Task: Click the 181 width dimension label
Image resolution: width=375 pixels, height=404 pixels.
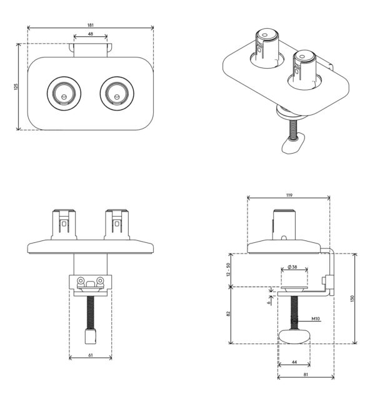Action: click(91, 25)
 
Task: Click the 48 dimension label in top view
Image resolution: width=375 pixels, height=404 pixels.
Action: click(90, 34)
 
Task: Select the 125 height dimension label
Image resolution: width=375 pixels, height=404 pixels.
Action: click(16, 87)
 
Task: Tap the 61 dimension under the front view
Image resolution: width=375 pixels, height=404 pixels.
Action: click(91, 355)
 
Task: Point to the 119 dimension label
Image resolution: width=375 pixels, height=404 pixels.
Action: click(289, 195)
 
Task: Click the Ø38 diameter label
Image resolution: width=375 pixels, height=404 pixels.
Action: click(292, 267)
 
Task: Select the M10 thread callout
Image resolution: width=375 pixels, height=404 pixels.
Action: click(316, 318)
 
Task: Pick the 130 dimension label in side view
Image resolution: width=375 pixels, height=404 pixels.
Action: click(352, 298)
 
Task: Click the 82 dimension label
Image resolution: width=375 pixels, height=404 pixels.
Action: click(228, 313)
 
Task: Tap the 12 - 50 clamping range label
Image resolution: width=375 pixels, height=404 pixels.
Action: click(228, 270)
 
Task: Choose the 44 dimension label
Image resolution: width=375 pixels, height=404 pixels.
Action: click(294, 362)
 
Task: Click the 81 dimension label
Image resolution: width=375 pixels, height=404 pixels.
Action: click(306, 375)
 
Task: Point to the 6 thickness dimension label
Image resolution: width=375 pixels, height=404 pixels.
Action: click(269, 303)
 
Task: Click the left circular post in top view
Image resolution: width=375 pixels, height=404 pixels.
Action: click(64, 94)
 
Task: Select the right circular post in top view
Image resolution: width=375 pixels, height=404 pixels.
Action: click(117, 94)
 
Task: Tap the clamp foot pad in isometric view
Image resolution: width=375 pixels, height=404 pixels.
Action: click(292, 143)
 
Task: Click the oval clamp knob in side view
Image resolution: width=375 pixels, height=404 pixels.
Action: click(294, 336)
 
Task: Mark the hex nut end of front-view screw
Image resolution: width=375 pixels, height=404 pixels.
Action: click(91, 336)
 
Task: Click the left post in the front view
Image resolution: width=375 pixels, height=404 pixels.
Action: click(64, 225)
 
